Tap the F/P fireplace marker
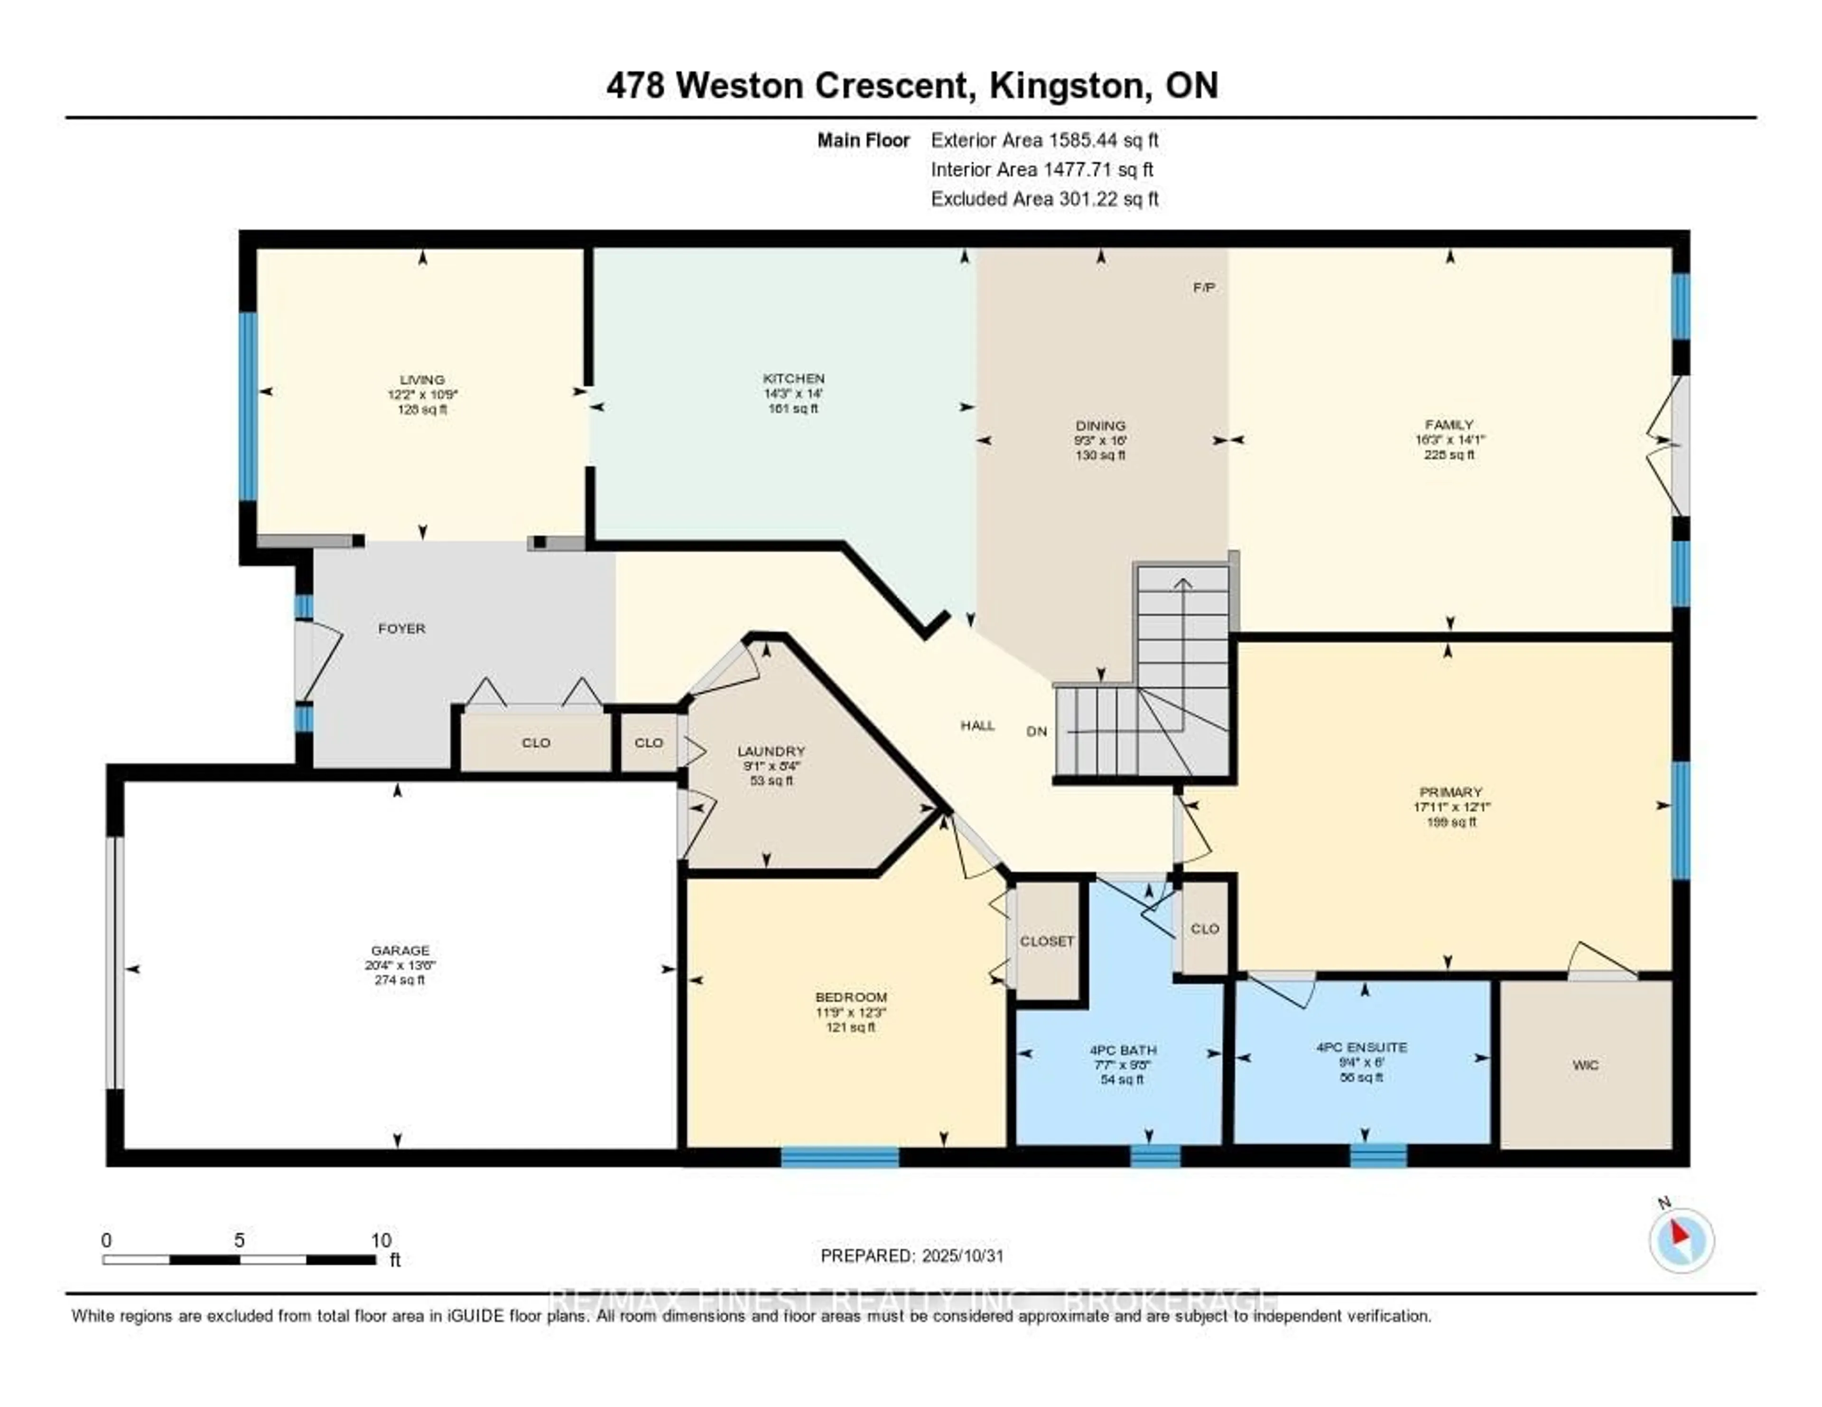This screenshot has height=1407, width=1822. [x=1203, y=288]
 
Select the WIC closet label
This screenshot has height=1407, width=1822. [x=1585, y=1065]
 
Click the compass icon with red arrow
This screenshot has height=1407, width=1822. [x=1681, y=1240]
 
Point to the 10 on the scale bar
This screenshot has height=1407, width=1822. [x=381, y=1240]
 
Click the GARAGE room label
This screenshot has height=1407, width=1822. [x=400, y=950]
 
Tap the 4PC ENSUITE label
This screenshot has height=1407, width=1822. [x=1361, y=1046]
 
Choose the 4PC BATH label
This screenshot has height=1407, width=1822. [x=1123, y=1050]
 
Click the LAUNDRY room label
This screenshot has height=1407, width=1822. [x=772, y=750]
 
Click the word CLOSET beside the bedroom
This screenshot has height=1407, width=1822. [x=1047, y=941]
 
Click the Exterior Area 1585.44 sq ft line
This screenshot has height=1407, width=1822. [x=1044, y=140]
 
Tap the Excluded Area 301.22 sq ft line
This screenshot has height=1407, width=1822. [x=1044, y=198]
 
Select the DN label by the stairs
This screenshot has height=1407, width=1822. [x=1036, y=731]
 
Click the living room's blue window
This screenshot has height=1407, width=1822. [x=248, y=406]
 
